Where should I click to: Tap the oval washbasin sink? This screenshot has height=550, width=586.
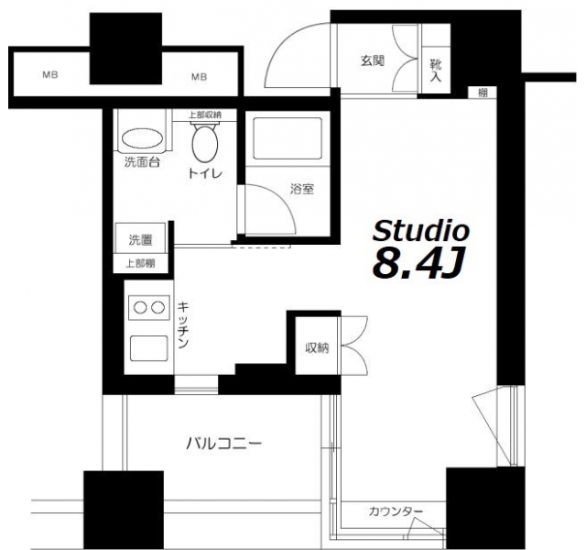coord(143,140)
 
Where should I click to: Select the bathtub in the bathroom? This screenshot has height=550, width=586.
coord(287,138)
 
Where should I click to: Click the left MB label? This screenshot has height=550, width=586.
coord(50,75)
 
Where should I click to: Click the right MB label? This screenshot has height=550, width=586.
coord(200,77)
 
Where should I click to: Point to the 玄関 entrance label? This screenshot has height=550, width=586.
coord(373,60)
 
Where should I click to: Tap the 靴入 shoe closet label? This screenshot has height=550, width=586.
coord(436,71)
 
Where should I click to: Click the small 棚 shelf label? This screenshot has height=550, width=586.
coord(483,93)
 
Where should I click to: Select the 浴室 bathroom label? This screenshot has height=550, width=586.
coord(302,190)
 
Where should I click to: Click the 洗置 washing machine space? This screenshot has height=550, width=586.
coord(140,239)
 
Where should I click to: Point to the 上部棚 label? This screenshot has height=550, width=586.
coord(140,264)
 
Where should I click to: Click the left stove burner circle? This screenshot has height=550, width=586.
coord(140,308)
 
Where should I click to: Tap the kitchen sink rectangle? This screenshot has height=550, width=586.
coord(148,348)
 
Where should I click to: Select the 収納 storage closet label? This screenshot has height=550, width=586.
coord(318,348)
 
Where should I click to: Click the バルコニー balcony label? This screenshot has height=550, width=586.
coord(223,444)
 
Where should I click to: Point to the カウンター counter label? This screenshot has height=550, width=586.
coord(396,511)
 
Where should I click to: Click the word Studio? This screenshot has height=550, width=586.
coord(421,230)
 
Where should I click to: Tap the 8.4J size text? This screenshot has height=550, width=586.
coord(418,263)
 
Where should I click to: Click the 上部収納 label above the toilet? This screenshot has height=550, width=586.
coord(205,115)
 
